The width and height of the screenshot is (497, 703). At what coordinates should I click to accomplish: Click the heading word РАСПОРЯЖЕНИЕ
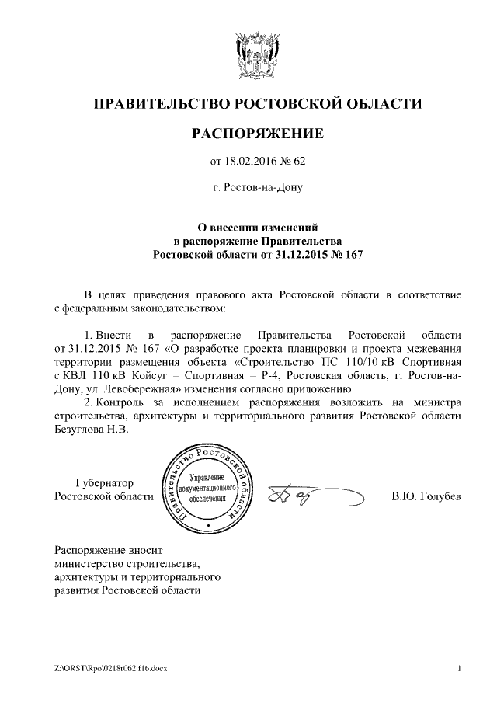click(257, 134)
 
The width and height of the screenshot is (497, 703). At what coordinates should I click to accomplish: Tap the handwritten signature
click(311, 496)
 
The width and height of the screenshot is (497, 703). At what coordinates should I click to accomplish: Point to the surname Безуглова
click(83, 432)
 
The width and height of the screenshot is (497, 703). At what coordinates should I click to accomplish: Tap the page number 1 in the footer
click(460, 668)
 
